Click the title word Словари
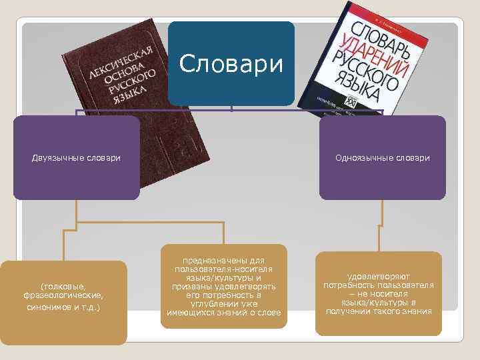231,63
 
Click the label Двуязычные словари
77,158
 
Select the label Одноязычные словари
382,158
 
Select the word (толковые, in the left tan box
63,285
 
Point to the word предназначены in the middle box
223,261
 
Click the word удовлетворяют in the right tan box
379,276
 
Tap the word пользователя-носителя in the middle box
223,269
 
